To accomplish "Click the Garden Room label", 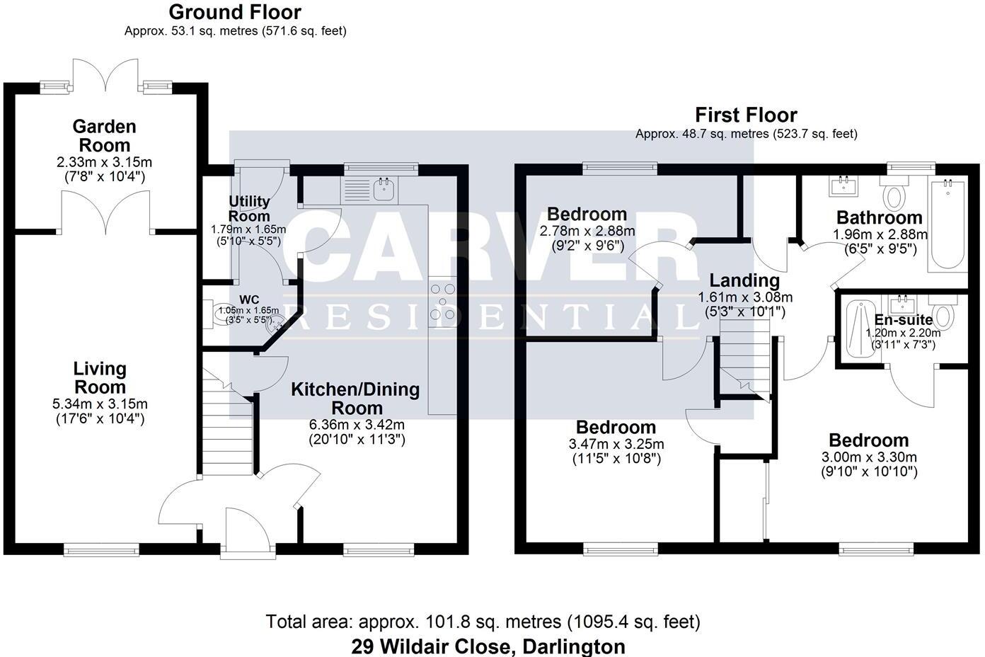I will pyautogui.click(x=104, y=136).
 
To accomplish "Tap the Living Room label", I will pyautogui.click(x=100, y=377).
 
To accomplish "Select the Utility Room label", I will pyautogui.click(x=249, y=209).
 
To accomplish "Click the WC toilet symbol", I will pyautogui.click(x=216, y=313).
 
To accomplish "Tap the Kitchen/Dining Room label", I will pyautogui.click(x=355, y=399).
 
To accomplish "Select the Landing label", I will pyautogui.click(x=744, y=280).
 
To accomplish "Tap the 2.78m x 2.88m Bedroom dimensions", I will pyautogui.click(x=587, y=231).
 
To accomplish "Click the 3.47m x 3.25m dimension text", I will pyautogui.click(x=616, y=444).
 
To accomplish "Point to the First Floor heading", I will pyautogui.click(x=746, y=115).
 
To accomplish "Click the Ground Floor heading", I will pyautogui.click(x=235, y=12).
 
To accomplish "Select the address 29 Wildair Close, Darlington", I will pyautogui.click(x=488, y=646).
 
